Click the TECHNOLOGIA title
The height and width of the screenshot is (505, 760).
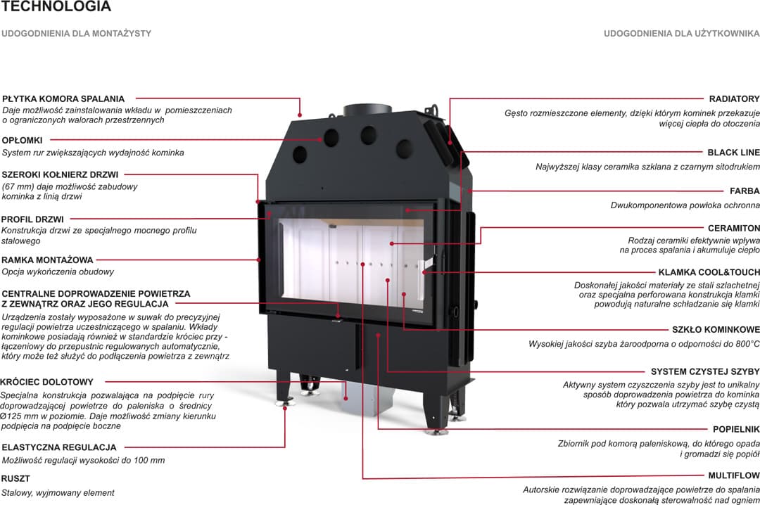pyautogui.click(x=56, y=7)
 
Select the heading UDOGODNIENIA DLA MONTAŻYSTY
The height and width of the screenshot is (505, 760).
pyautogui.click(x=77, y=33)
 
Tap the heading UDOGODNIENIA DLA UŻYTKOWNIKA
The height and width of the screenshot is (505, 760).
pyautogui.click(x=681, y=33)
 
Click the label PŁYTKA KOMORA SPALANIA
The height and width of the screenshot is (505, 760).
pyautogui.click(x=63, y=99)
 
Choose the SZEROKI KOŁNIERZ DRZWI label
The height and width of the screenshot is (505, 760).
pyautogui.click(x=60, y=174)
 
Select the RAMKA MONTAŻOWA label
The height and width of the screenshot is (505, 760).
pyautogui.click(x=47, y=260)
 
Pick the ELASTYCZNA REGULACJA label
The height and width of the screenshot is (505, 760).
pyautogui.click(x=59, y=447)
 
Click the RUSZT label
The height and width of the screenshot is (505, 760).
pyautogui.click(x=15, y=478)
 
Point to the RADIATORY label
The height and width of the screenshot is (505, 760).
pyautogui.click(x=734, y=99)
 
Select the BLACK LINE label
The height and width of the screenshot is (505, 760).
pyautogui.click(x=733, y=152)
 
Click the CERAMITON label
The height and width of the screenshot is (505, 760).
pyautogui.click(x=733, y=228)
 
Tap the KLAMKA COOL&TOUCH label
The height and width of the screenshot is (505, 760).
pyautogui.click(x=709, y=272)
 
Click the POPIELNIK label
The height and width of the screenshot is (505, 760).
pyautogui.click(x=736, y=428)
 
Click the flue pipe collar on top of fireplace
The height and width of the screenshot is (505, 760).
pyautogui.click(x=367, y=111)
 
